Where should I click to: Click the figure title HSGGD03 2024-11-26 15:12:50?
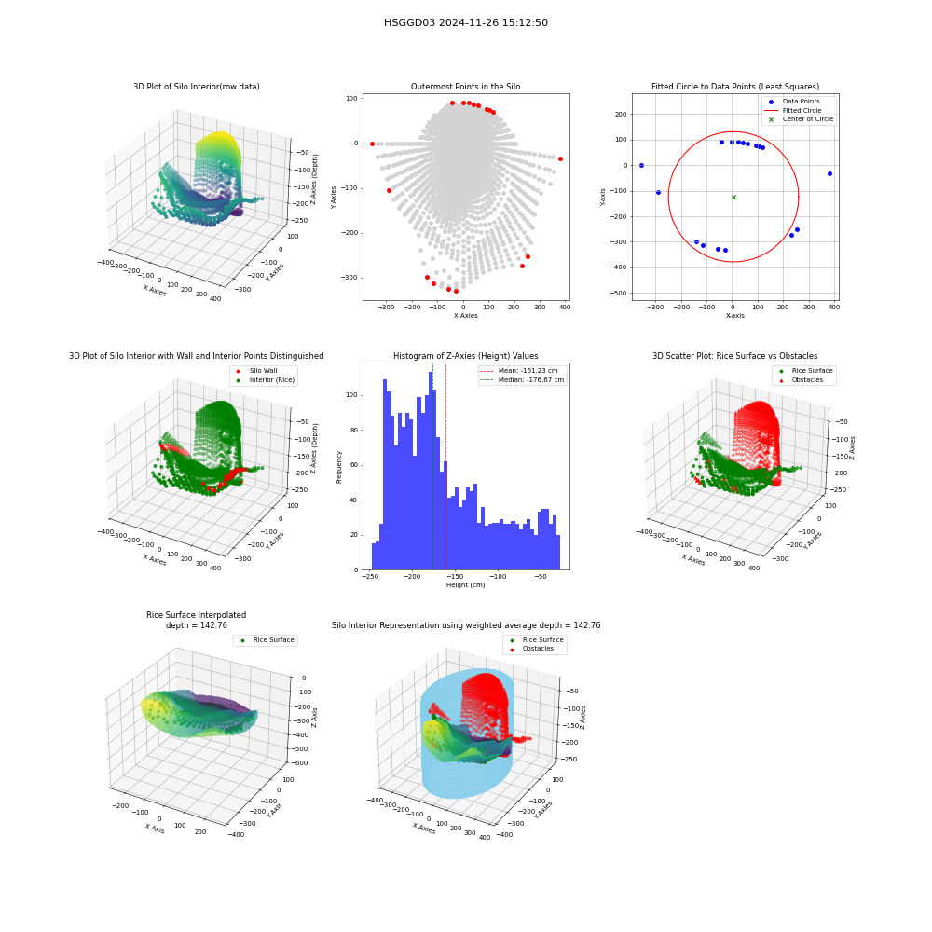pos(465,22)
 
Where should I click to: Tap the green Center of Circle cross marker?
pos(733,197)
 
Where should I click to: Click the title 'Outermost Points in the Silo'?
pos(465,87)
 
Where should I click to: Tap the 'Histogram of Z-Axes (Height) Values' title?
pos(465,356)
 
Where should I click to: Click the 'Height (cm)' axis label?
pos(465,585)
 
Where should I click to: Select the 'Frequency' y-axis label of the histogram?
pos(339,467)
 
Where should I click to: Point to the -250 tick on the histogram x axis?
pos(370,577)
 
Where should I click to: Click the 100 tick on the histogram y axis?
pos(351,394)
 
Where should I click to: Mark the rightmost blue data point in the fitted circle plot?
pos(829,173)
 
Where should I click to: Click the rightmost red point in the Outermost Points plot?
pos(560,158)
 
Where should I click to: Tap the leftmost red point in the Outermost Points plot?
pos(372,144)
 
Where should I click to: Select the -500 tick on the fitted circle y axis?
pos(618,293)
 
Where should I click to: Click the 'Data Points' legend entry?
pos(801,102)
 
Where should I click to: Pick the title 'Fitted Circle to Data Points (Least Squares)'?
pos(735,87)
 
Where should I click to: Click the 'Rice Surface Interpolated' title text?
pos(196,615)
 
